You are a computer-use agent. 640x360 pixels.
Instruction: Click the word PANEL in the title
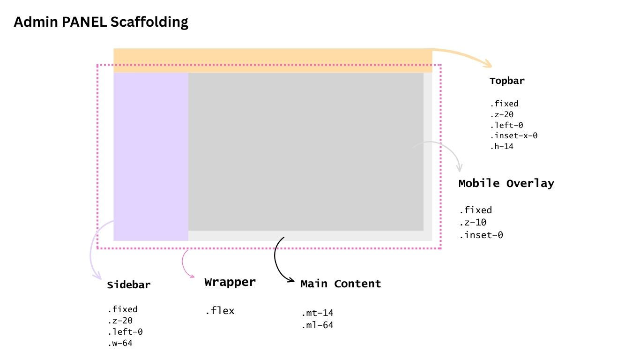85,22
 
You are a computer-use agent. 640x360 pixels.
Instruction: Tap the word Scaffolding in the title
149,22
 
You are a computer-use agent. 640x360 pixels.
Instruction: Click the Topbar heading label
507,81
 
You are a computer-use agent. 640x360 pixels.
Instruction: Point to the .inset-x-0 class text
513,136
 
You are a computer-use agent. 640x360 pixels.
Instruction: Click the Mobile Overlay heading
506,183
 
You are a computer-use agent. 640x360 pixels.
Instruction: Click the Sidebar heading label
129,285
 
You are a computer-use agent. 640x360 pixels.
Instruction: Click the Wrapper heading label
230,282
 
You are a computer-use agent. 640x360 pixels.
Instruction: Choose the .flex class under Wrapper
219,311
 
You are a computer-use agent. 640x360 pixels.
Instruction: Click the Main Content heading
341,284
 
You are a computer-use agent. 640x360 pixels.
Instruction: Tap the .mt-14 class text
318,313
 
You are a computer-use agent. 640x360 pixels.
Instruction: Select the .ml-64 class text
318,325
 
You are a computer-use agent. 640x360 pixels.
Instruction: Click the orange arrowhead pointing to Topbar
488,65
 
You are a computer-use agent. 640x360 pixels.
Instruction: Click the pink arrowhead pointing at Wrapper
192,276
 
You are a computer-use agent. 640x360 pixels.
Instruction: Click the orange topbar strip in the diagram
272,56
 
